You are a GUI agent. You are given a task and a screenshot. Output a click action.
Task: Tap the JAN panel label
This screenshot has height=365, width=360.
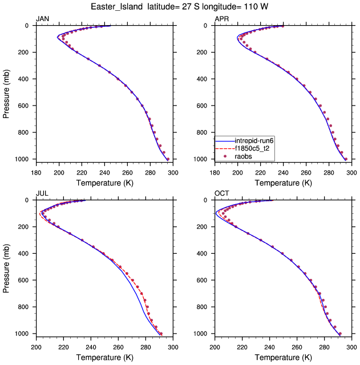tap(43, 19)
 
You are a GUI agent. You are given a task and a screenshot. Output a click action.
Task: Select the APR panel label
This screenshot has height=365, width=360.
tap(221, 19)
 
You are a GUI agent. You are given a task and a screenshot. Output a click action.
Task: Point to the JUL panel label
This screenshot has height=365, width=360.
tap(42, 193)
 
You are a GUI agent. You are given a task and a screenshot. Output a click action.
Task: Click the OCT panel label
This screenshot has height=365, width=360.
tap(222, 193)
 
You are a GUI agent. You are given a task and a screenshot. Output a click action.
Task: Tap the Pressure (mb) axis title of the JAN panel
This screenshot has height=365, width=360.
tap(7, 92)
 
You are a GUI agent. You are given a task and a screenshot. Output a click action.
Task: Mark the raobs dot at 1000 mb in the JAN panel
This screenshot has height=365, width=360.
tap(168, 159)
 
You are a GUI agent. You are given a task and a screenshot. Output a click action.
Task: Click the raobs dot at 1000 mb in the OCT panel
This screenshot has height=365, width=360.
tap(340, 334)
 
